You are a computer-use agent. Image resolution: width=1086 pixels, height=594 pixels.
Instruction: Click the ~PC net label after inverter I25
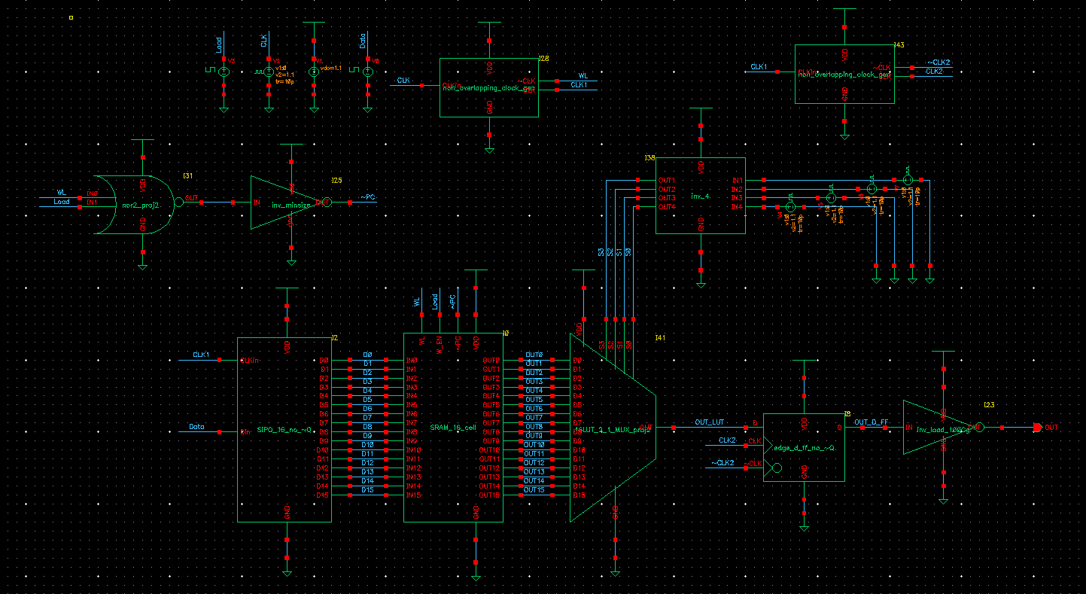point(367,197)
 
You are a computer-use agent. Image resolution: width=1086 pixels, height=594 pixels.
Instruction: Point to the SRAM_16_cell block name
point(453,428)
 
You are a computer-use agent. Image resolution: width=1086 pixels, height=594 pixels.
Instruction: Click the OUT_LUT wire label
point(709,422)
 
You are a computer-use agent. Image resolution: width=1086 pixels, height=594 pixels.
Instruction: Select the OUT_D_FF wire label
point(872,422)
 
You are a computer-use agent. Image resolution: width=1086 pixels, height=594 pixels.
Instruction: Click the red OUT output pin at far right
point(1037,428)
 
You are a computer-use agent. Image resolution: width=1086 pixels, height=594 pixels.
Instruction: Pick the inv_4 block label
point(700,197)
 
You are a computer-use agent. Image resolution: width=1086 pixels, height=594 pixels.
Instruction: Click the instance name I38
point(649,158)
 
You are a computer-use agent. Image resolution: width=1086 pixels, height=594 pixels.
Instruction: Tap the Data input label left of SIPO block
point(196,427)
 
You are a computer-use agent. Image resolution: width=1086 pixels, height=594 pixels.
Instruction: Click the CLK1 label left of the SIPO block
point(201,354)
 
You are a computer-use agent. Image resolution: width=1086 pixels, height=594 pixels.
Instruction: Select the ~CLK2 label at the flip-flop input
point(723,462)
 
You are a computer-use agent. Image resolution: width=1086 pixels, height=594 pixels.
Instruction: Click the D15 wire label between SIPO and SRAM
point(367,490)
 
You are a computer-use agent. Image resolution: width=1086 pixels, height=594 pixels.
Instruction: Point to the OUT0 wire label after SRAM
point(534,355)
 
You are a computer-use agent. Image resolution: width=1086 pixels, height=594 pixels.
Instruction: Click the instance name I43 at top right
point(899,45)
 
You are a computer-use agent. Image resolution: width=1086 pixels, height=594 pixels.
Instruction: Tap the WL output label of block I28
point(583,75)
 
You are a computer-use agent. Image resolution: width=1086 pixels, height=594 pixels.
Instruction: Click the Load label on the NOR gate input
point(62,202)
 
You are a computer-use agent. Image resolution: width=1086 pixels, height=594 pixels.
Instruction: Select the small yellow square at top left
point(71,17)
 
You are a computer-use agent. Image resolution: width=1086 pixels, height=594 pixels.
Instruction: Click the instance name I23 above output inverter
point(989,405)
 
